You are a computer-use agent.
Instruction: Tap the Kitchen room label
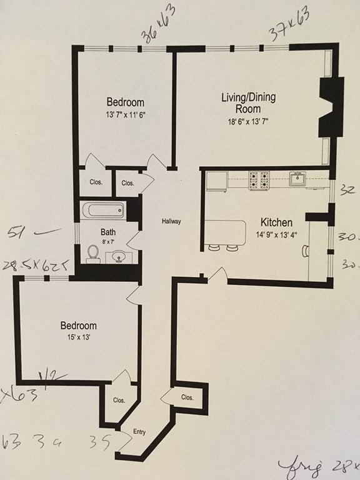[276, 222]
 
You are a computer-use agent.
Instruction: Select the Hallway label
[171, 221]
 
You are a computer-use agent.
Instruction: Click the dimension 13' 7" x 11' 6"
[125, 114]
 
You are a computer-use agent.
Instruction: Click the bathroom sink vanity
[119, 256]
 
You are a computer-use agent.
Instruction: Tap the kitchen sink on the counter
[297, 180]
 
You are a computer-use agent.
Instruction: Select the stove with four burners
[259, 180]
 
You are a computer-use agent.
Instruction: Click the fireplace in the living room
[329, 106]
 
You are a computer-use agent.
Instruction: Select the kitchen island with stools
[225, 233]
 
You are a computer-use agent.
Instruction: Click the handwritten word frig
[307, 465]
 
